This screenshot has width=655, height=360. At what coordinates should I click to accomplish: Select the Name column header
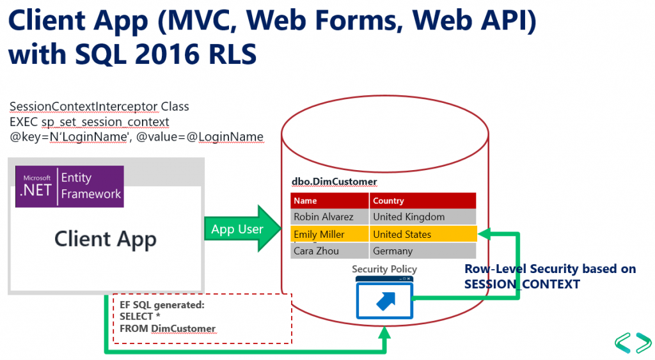click(329, 201)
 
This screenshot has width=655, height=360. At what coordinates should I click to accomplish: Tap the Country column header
click(423, 201)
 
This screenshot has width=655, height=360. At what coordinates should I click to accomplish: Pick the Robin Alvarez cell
click(329, 217)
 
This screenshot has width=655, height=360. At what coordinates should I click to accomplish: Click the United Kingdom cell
click(423, 217)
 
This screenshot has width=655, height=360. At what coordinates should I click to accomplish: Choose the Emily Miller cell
click(329, 234)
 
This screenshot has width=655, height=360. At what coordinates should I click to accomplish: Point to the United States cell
click(423, 234)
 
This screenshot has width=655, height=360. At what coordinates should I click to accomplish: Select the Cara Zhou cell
click(329, 251)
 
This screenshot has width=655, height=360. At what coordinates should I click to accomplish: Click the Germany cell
click(423, 251)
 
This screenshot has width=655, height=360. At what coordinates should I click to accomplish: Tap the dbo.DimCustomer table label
click(334, 182)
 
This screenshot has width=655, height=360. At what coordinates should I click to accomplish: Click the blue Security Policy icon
click(384, 298)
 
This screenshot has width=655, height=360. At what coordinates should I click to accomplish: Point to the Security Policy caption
click(384, 269)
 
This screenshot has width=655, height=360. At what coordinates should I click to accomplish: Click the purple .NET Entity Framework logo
click(70, 186)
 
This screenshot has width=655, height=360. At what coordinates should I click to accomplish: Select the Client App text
click(106, 239)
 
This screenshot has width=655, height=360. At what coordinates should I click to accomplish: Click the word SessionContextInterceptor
click(84, 107)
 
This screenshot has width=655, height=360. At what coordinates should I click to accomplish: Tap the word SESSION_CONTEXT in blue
click(522, 285)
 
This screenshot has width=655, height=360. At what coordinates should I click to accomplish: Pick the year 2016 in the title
click(162, 54)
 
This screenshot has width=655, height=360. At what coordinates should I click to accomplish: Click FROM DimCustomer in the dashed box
click(168, 329)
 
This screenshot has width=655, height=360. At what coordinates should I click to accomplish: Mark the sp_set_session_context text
click(106, 122)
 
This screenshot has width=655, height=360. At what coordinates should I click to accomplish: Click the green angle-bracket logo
click(633, 343)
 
